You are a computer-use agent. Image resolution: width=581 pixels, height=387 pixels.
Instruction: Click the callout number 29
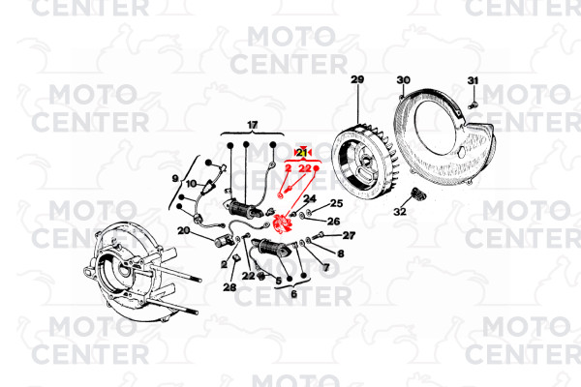click(357, 79)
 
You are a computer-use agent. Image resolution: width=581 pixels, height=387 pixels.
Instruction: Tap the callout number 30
click(403, 80)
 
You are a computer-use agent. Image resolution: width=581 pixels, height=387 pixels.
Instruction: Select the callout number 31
click(473, 80)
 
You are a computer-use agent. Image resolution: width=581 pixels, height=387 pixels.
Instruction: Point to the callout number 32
click(400, 212)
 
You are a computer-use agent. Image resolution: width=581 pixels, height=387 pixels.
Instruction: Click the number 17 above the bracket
click(253, 125)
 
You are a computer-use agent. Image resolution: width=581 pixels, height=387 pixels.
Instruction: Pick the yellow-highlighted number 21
click(302, 152)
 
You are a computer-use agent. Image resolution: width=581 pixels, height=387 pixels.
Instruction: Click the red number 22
click(305, 168)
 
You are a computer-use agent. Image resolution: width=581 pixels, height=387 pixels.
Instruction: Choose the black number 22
click(248, 276)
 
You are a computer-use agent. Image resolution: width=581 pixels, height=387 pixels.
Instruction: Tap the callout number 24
click(310, 198)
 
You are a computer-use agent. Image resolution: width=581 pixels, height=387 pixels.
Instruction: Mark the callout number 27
click(349, 235)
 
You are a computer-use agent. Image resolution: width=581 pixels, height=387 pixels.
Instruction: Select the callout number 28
click(229, 287)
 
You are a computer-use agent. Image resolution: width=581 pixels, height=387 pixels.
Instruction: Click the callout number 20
click(184, 230)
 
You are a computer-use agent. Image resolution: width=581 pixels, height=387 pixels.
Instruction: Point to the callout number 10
click(191, 183)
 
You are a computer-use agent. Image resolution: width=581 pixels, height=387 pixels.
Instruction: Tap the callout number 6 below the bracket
click(293, 294)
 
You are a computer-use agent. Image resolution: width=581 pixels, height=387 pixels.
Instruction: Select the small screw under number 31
click(472, 105)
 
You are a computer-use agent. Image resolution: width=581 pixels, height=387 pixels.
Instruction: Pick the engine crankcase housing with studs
click(138, 269)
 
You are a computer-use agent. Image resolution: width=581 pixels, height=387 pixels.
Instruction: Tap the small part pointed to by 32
click(418, 193)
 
